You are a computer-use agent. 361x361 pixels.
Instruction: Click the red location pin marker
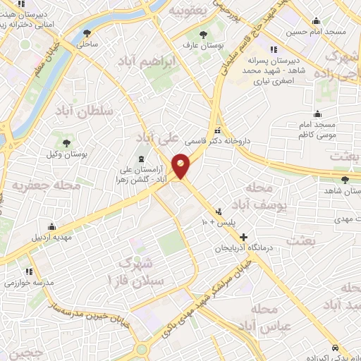[182, 166]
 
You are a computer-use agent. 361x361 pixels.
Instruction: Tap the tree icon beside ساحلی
[87, 33]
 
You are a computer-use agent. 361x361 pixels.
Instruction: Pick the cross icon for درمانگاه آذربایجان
[244, 238]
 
